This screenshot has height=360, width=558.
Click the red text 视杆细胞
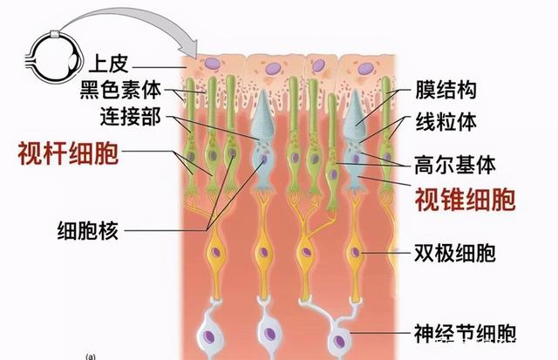click(69, 154)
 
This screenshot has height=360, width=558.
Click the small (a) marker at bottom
click(90, 356)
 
